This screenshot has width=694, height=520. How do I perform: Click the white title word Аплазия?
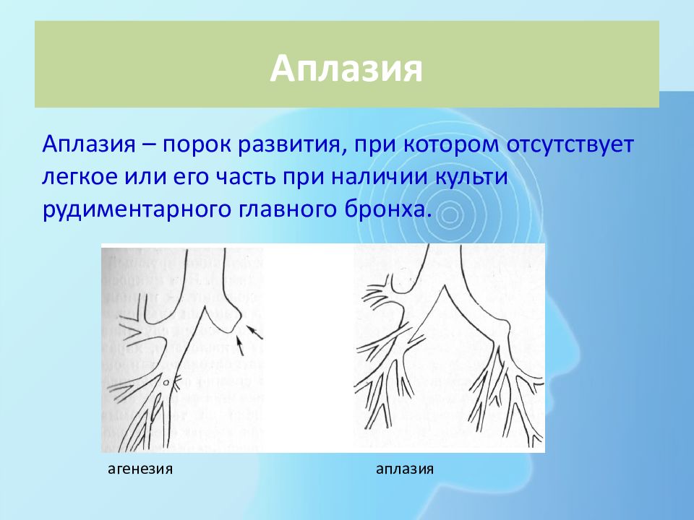346,69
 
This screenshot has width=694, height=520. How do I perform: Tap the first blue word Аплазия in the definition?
88,144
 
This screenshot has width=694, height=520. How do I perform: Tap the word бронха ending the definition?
388,209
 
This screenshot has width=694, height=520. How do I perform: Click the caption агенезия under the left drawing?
140,469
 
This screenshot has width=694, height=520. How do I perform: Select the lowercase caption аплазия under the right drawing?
405,469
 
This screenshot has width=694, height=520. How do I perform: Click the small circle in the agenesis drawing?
166,383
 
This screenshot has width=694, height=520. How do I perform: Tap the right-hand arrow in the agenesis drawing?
254,332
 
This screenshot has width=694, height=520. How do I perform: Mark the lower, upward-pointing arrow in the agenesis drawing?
240,345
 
